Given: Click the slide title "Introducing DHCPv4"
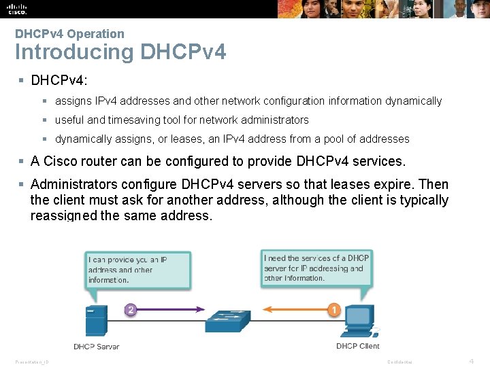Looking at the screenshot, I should tap(120, 52).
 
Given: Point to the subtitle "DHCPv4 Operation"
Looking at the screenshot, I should tap(69, 34).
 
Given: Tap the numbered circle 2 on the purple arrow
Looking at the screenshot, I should tap(131, 310).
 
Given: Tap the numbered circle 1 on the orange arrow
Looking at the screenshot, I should tap(334, 310).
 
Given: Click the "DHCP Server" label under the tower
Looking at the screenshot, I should tap(96, 347).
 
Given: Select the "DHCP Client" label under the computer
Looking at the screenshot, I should tap(357, 347).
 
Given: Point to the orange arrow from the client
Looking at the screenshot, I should tap(293, 311).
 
